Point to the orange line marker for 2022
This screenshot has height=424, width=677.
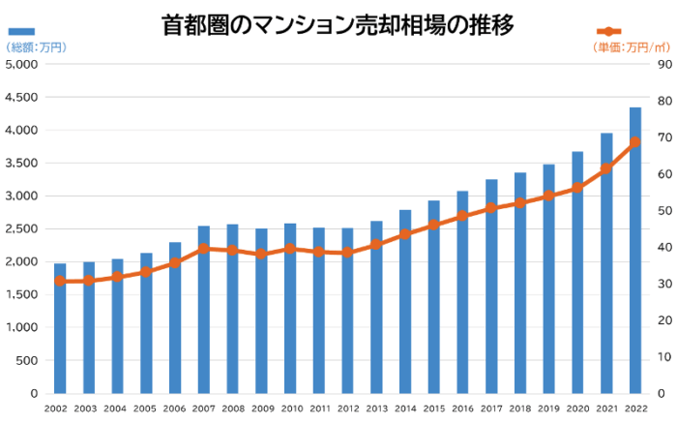(635, 142)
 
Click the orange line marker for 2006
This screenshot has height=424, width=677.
(175, 262)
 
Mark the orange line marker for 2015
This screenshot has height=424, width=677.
(434, 225)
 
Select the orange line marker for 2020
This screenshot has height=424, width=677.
(577, 188)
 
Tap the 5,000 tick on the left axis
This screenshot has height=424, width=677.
(20, 65)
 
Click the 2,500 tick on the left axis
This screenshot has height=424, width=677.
(20, 229)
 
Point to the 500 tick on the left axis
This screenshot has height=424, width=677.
(26, 361)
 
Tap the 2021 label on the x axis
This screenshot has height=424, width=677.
(606, 409)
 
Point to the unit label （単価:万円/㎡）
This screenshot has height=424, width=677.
(630, 46)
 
